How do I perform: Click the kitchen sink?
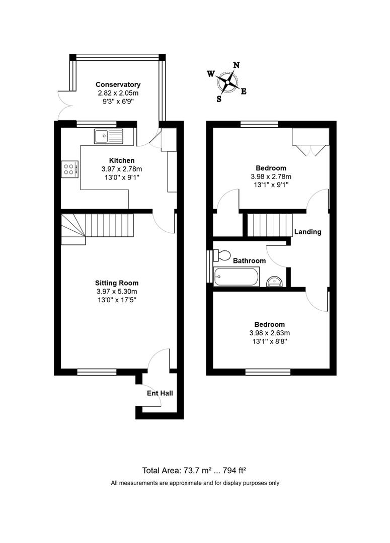tap(109, 136)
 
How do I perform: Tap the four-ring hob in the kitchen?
tap(69, 169)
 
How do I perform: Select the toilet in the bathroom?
tap(222, 255)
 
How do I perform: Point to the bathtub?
tap(236, 277)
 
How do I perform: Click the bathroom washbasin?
tap(276, 282)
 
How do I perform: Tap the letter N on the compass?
tap(237, 65)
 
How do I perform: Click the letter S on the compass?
tap(219, 99)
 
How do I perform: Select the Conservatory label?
tap(118, 84)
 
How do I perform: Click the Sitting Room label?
tap(117, 283)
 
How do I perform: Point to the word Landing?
tap(308, 232)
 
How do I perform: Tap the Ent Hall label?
tap(160, 393)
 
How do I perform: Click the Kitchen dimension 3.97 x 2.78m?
tap(122, 169)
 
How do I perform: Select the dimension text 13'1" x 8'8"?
tap(270, 341)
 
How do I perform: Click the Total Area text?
tap(194, 470)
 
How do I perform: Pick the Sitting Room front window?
tap(97, 372)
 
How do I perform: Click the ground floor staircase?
tap(98, 229)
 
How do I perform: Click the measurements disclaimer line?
tap(195, 483)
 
